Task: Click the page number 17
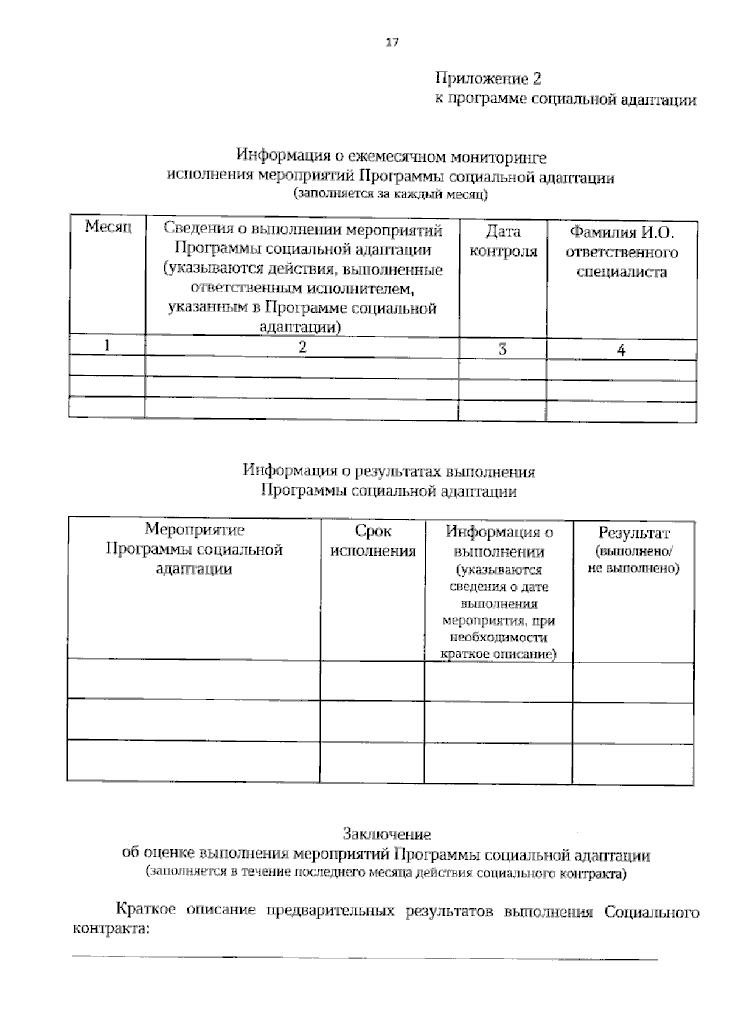[392, 42]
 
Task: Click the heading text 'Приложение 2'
[487, 79]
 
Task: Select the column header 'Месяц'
[108, 227]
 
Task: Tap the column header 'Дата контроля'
[503, 241]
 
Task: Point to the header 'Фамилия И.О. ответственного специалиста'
[621, 252]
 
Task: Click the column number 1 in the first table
[107, 346]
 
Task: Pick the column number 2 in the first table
[302, 347]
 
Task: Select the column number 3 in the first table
[502, 350]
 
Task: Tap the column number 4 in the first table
[621, 350]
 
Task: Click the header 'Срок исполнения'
[372, 541]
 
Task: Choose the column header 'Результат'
[633, 533]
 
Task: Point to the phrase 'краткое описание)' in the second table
[498, 655]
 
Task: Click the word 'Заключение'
[386, 834]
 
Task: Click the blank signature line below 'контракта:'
[365, 959]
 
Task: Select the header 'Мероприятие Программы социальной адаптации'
[194, 549]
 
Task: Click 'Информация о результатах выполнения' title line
[388, 471]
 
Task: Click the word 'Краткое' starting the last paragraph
[146, 910]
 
